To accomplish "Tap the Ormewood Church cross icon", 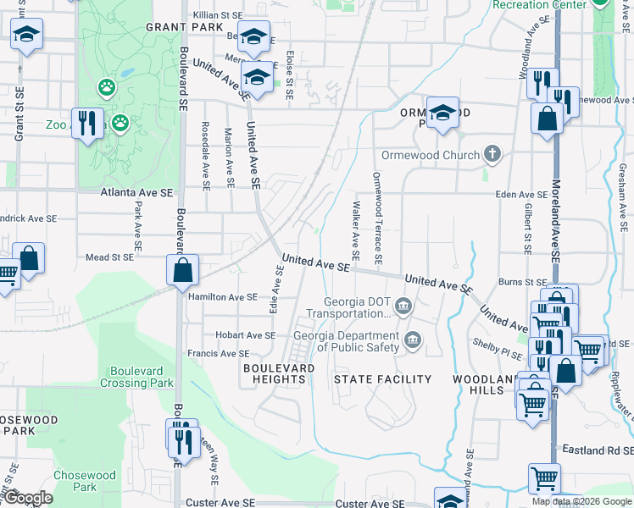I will point(491,155).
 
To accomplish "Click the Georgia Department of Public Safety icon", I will point(413,340).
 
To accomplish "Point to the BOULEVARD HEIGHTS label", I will point(279,373).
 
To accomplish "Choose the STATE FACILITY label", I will point(382,379).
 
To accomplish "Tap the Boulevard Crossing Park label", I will point(142,377).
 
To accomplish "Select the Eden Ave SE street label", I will point(521,195).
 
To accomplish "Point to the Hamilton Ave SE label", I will point(222,297).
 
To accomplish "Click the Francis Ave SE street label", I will point(219,354).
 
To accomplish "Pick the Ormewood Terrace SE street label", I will point(378,218).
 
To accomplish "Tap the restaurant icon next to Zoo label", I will point(87,124).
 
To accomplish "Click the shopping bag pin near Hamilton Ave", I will point(182,271).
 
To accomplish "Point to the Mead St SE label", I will point(109,257).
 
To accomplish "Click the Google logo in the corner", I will point(30,498).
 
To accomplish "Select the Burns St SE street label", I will point(523,282).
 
